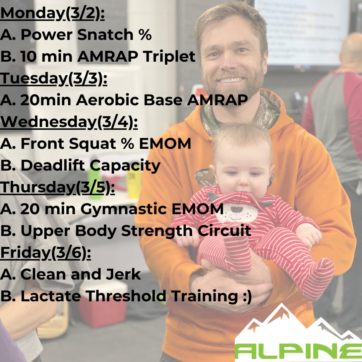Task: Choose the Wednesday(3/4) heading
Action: click(69, 122)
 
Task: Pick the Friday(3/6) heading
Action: click(45, 252)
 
